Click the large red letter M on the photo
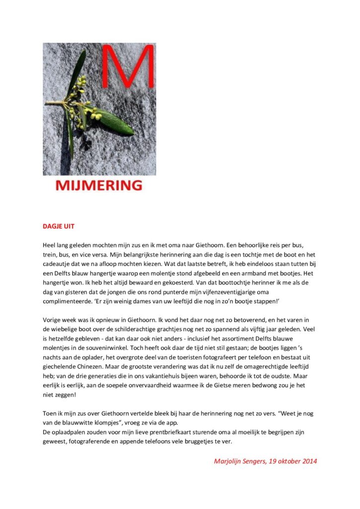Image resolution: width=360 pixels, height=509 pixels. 128,67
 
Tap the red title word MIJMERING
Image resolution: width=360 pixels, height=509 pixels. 98,186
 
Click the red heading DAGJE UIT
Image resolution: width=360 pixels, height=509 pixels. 58,226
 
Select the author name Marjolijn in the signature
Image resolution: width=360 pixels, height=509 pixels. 229,461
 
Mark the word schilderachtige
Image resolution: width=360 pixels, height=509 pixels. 134,329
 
